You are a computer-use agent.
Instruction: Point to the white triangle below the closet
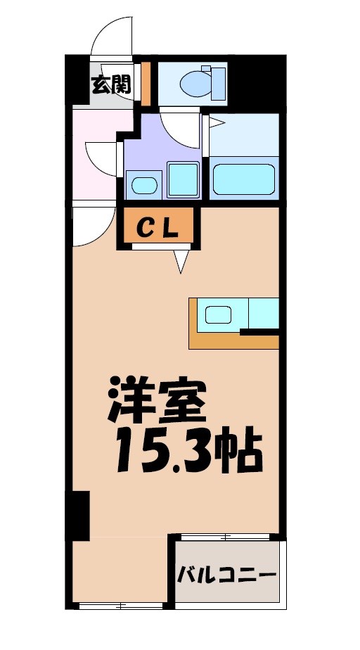point(181,261)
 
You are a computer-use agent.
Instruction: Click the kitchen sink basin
point(219,314)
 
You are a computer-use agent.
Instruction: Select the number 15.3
point(162,451)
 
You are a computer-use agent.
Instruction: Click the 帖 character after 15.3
point(239,451)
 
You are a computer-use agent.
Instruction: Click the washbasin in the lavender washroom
point(144,186)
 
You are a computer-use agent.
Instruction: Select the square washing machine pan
point(182,179)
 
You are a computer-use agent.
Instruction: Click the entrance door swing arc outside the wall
point(111,35)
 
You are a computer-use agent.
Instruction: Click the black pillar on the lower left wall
point(79,516)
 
